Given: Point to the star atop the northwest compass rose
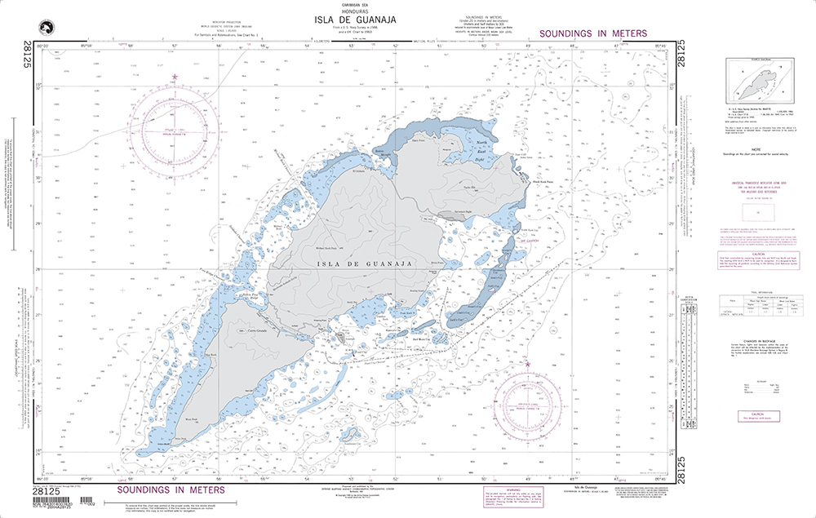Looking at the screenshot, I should pos(175,77).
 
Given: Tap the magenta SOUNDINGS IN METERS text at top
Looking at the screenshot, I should pos(593,33).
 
